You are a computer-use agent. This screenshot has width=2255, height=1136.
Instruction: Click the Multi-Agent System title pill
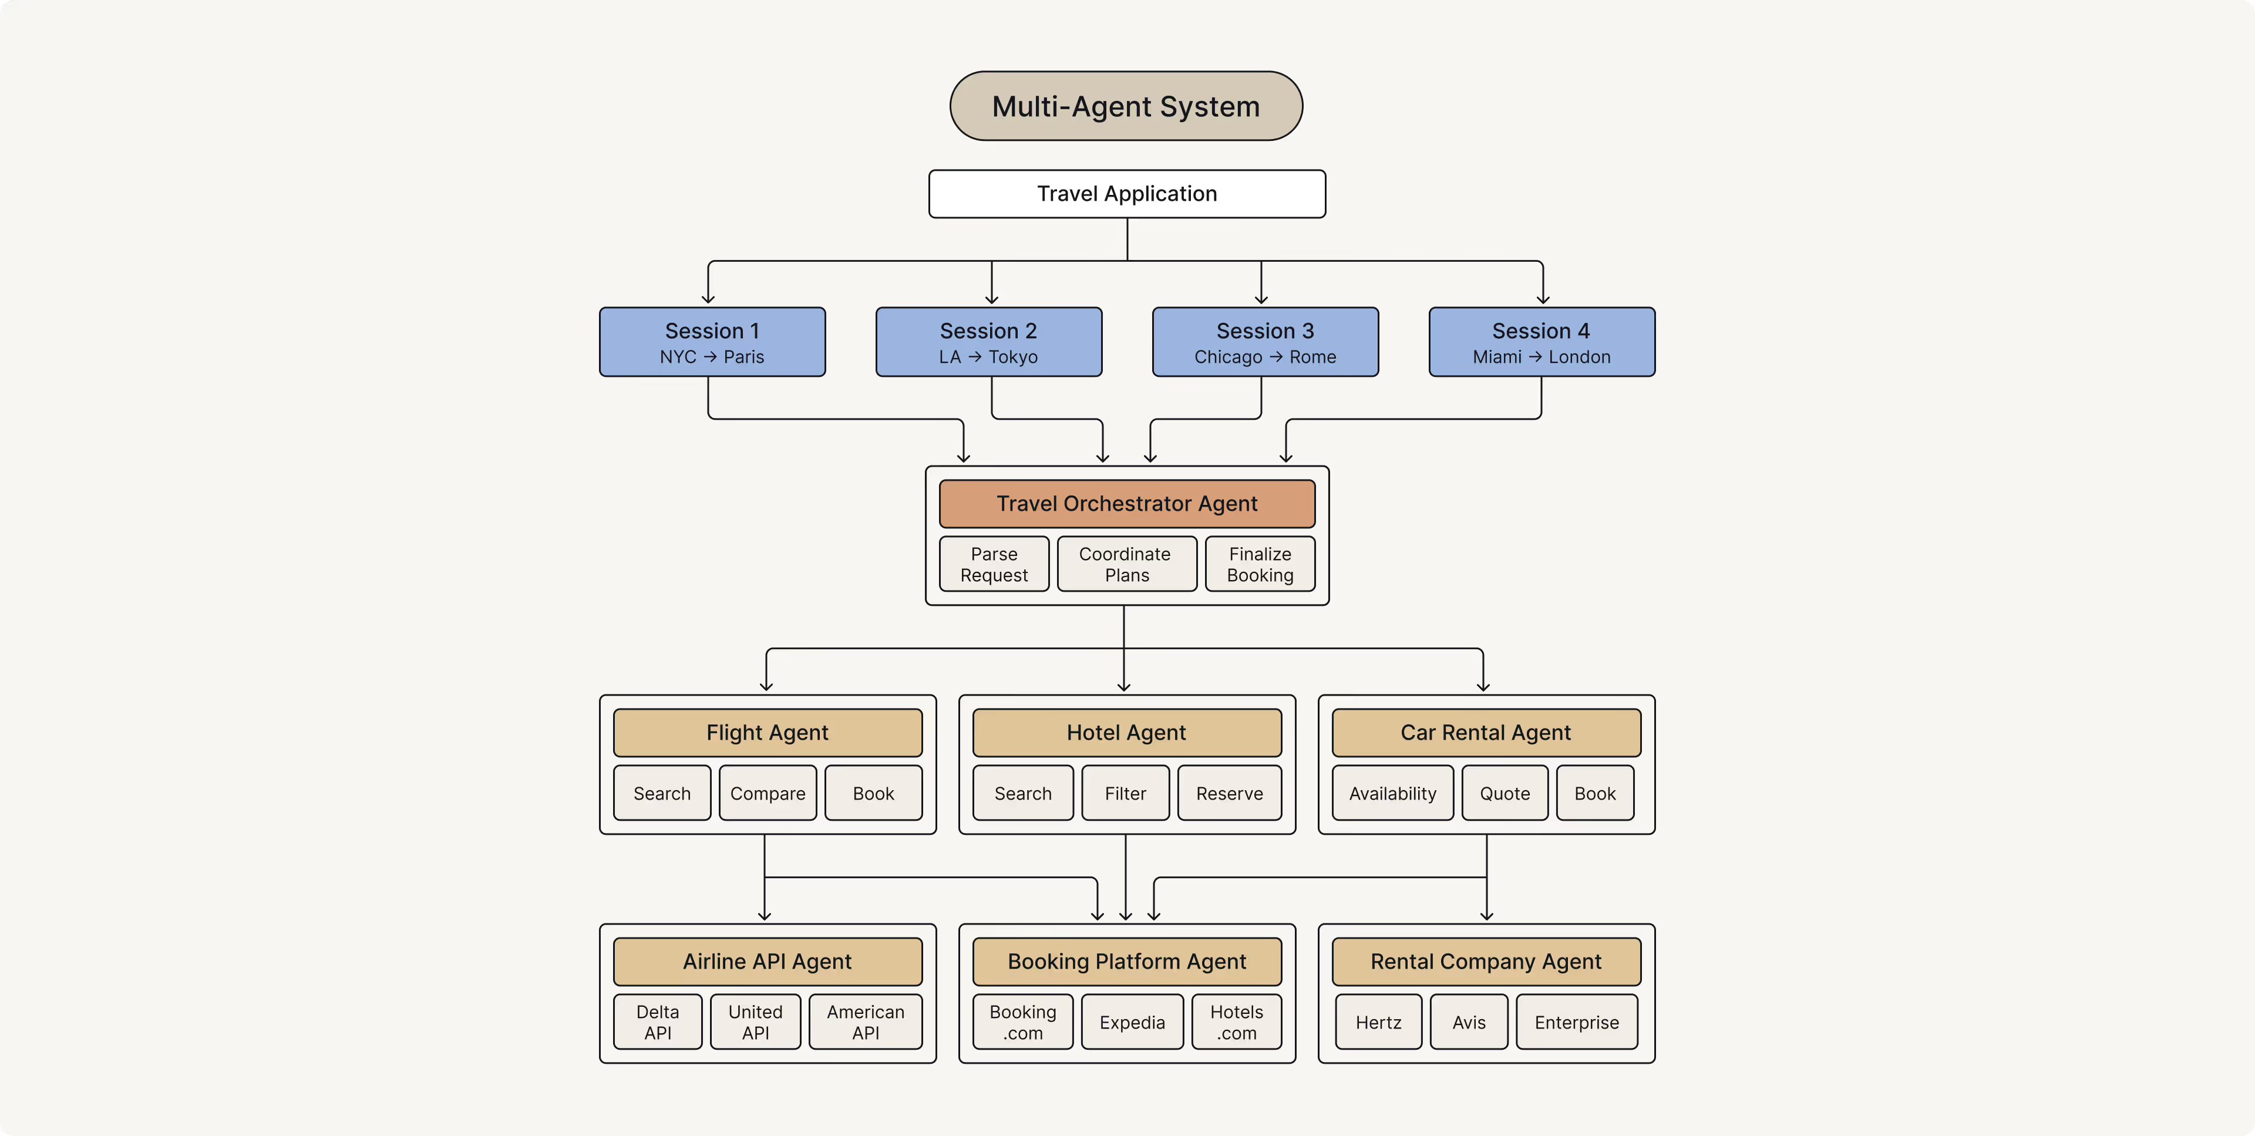tap(1126, 106)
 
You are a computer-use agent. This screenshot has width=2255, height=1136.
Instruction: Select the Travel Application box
tap(1127, 193)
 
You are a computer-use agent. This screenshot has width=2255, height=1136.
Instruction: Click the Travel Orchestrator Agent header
tap(1127, 503)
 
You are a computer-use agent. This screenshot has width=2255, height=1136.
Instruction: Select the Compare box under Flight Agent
tap(767, 793)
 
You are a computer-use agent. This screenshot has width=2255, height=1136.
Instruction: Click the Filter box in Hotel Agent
tap(1125, 793)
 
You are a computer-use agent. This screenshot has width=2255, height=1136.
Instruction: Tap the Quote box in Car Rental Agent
tap(1504, 793)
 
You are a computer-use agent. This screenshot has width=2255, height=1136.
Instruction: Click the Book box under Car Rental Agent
tap(1594, 793)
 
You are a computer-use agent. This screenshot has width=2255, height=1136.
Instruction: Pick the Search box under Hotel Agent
tap(1022, 793)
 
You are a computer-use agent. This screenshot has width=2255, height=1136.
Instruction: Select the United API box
tap(755, 1022)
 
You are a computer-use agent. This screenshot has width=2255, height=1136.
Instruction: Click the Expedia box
tap(1132, 1022)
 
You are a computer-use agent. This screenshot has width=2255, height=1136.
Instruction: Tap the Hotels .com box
tap(1236, 1022)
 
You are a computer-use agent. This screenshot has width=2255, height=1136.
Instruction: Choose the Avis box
tap(1468, 1022)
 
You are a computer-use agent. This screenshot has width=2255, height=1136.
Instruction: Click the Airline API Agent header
tap(767, 961)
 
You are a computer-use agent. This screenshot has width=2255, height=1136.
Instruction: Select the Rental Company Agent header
tap(1486, 961)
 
